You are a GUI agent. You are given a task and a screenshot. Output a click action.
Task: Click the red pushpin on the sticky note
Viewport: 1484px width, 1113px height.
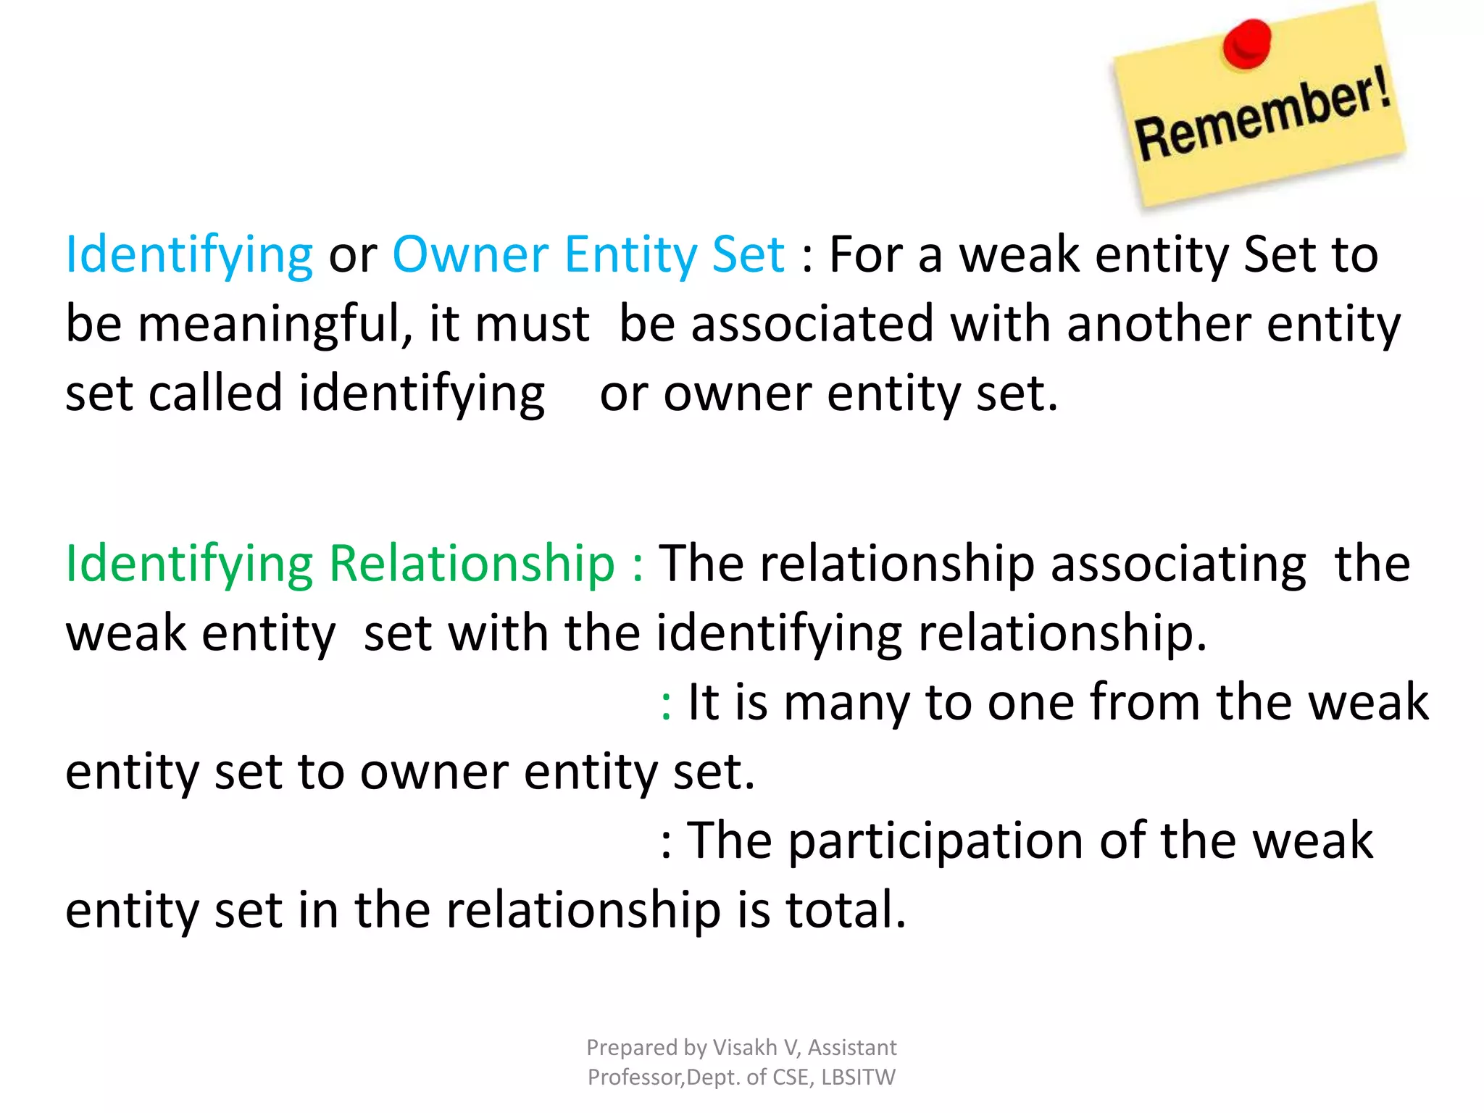[x=1246, y=43]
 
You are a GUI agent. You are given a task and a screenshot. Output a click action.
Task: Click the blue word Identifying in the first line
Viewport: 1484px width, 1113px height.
[x=189, y=256]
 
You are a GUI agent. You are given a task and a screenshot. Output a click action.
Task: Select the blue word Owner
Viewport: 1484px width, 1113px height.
[x=470, y=254]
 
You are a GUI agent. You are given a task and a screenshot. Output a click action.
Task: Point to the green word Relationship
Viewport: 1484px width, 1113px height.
[x=472, y=563]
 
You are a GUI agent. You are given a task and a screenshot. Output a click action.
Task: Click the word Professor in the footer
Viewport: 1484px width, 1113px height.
[x=635, y=1077]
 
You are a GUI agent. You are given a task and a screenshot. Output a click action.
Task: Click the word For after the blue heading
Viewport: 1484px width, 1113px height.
[x=865, y=254]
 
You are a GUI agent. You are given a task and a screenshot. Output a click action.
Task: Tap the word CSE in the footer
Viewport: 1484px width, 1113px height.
[x=792, y=1077]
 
